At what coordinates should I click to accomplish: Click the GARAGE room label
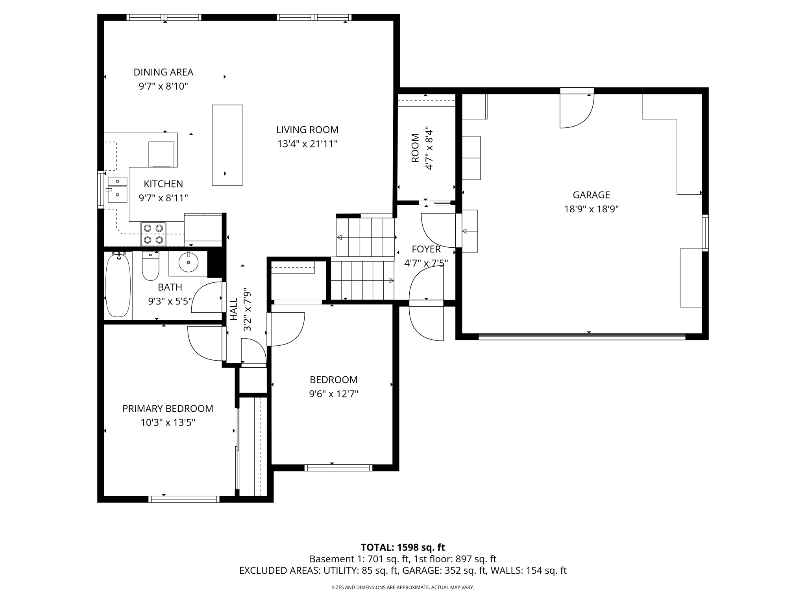(591, 195)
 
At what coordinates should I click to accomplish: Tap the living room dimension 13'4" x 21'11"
(307, 144)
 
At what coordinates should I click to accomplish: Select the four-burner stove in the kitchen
(153, 234)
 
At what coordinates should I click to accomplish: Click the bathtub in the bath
(118, 285)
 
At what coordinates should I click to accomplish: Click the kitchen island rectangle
(227, 145)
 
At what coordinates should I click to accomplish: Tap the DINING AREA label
(163, 72)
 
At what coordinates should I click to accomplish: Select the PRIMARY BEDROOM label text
(168, 409)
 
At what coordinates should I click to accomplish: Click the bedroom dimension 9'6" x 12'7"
(333, 394)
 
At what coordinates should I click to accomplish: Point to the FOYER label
(426, 249)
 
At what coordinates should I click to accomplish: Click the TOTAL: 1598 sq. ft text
(403, 547)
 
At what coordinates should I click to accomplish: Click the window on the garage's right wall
(705, 233)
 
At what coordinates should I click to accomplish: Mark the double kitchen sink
(117, 190)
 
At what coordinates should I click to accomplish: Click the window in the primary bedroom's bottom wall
(184, 499)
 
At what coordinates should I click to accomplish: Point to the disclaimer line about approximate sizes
(403, 587)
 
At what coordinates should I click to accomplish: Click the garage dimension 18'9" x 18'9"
(591, 209)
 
